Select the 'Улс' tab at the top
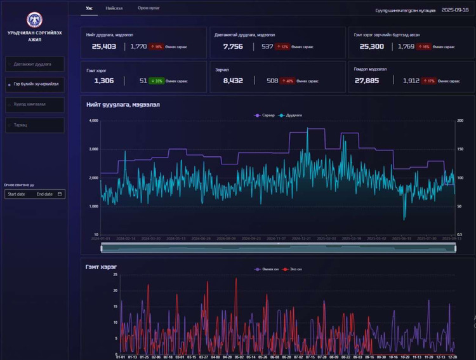click(x=89, y=8)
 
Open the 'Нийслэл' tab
click(x=114, y=8)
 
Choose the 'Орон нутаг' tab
click(x=148, y=8)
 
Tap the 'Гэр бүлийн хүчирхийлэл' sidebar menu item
click(x=36, y=83)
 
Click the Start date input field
click(x=17, y=194)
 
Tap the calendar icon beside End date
click(x=60, y=194)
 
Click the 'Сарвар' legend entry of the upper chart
click(x=265, y=116)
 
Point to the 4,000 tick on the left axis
click(x=93, y=121)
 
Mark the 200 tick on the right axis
click(x=460, y=121)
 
